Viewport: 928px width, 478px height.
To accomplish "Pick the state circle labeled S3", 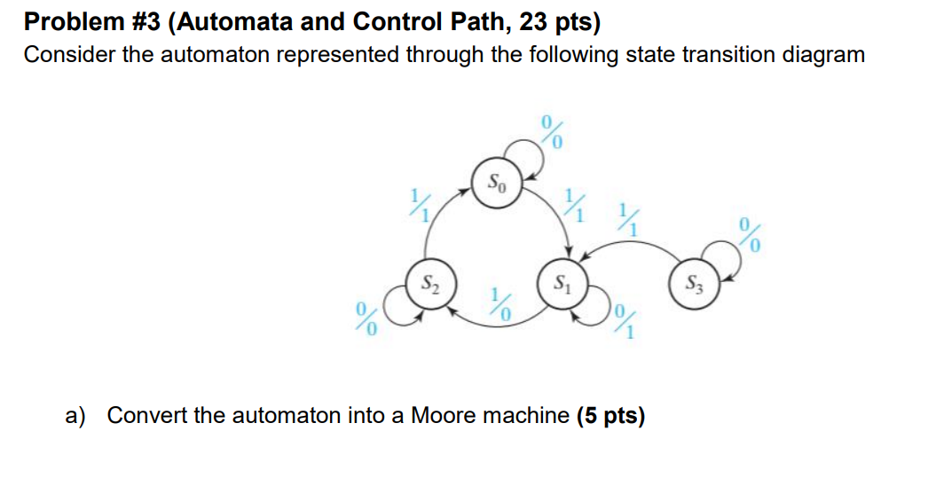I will tap(694, 285).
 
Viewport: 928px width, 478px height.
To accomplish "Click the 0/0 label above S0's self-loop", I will tap(552, 132).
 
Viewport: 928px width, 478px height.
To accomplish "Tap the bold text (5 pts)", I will tap(610, 415).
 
